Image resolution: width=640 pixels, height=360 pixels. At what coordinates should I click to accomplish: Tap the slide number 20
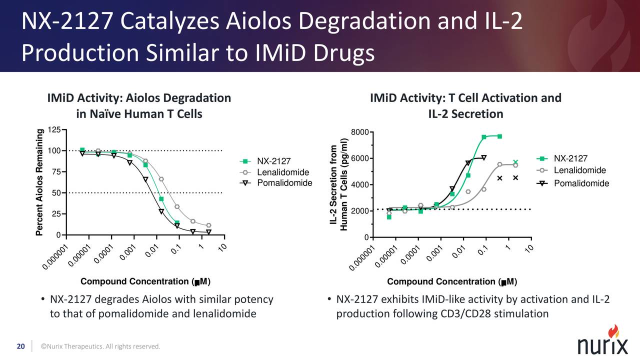[x=21, y=346]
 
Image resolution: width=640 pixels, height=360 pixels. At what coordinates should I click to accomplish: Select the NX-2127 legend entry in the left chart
[x=273, y=161]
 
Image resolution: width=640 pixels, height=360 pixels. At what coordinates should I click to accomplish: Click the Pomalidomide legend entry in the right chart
[x=581, y=183]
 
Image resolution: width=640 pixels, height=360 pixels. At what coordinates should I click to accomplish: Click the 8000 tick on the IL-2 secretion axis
[x=360, y=132]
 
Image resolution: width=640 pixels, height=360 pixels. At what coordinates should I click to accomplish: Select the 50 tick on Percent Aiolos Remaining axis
[x=56, y=193]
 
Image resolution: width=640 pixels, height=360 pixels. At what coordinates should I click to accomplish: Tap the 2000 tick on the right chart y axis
[x=360, y=211]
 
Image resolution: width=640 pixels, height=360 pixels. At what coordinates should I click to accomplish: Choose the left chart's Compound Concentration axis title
[x=145, y=282]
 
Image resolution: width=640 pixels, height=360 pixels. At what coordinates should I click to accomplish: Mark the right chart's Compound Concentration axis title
[x=452, y=282]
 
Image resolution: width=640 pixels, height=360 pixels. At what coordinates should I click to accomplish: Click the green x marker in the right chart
[x=515, y=162]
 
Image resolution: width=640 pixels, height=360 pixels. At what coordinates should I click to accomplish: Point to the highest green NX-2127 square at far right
[x=499, y=136]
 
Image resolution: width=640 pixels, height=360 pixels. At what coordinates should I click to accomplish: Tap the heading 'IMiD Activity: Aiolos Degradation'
[x=139, y=98]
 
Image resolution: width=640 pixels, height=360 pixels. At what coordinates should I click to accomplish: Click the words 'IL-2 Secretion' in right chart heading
[x=465, y=114]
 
